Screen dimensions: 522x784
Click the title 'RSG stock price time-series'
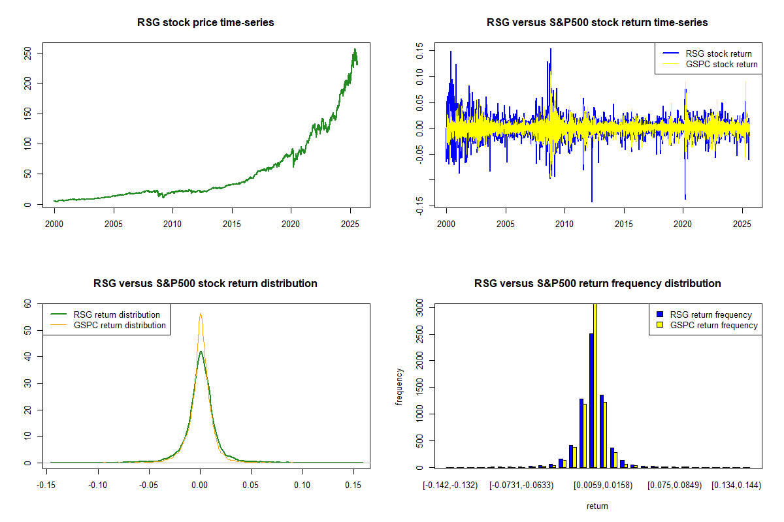(205, 23)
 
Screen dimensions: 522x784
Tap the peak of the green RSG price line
(355, 49)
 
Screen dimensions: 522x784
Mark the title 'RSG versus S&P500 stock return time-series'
(597, 23)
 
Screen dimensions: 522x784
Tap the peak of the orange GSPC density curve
(201, 314)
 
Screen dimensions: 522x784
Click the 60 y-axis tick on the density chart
(27, 303)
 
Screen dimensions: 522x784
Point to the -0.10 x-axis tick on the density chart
(98, 485)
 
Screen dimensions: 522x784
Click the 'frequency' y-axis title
(399, 386)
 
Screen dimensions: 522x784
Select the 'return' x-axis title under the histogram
(597, 506)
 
